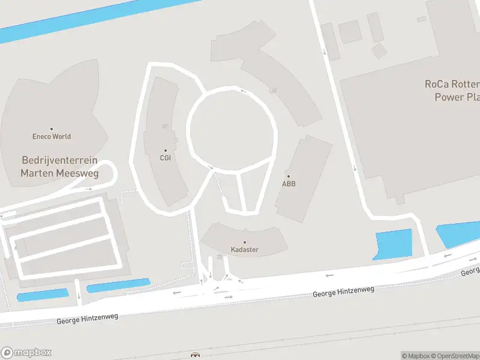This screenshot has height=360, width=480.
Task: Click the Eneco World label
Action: tap(52, 136)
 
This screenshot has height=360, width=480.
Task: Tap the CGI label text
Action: tap(166, 158)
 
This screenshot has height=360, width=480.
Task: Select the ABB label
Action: tap(289, 184)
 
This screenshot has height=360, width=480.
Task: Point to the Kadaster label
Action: tap(244, 250)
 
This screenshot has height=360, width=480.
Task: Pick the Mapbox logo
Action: tap(26, 352)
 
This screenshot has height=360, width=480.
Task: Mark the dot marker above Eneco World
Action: tap(52, 128)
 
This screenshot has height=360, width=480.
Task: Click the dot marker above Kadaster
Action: tap(244, 242)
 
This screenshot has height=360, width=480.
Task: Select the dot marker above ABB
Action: tap(289, 176)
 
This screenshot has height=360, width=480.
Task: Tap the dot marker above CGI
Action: tap(166, 151)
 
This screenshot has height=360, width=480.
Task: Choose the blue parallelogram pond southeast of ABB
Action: tap(393, 245)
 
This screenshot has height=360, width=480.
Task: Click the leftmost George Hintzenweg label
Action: tap(88, 318)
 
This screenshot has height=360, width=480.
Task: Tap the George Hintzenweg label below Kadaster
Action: tap(344, 292)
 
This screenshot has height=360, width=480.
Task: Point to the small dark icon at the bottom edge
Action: tap(194, 355)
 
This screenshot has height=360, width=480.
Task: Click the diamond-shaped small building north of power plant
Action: tap(379, 50)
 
